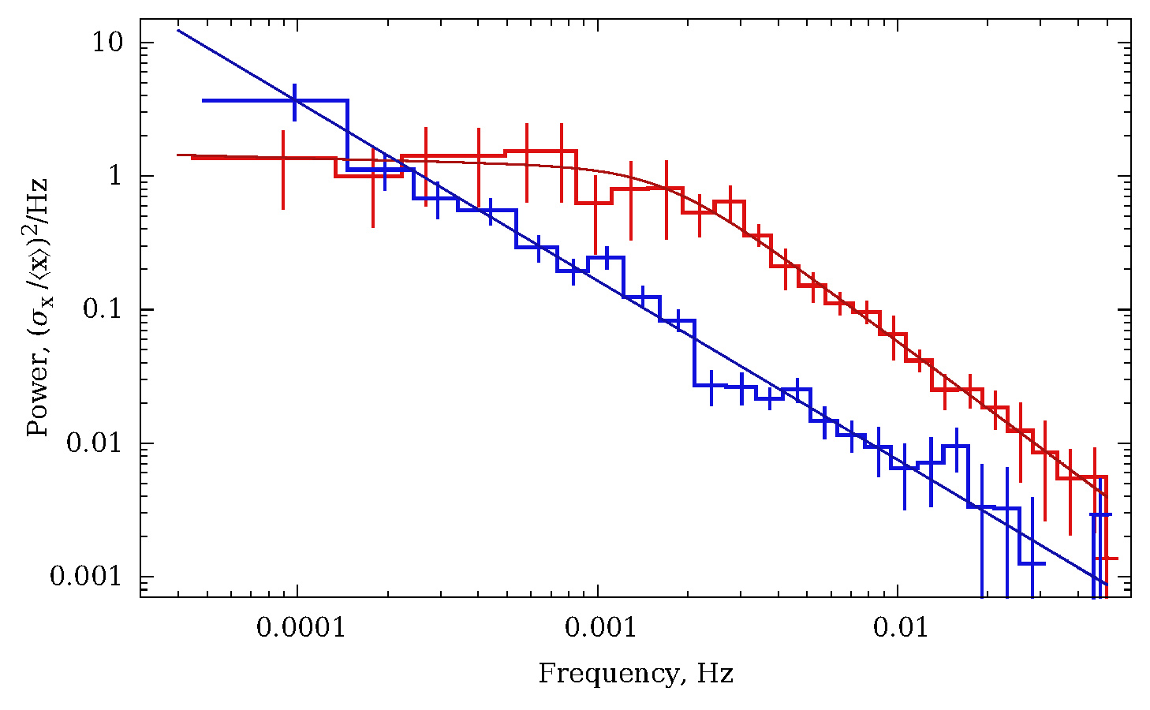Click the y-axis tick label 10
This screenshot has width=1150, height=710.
(108, 42)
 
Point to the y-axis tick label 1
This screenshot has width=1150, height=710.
(116, 175)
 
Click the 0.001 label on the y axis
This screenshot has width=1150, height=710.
(88, 575)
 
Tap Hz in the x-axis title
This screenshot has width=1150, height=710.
(715, 674)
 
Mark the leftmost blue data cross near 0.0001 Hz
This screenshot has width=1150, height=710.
(295, 101)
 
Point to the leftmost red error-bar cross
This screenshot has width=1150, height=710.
(282, 159)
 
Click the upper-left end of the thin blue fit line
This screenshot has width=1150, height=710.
(178, 30)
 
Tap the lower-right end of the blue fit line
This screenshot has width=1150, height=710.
(1107, 585)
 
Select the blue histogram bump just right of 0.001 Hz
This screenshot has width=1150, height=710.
(607, 257)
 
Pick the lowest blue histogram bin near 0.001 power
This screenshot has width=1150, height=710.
(1032, 563)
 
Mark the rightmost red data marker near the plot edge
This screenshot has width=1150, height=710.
(1107, 559)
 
